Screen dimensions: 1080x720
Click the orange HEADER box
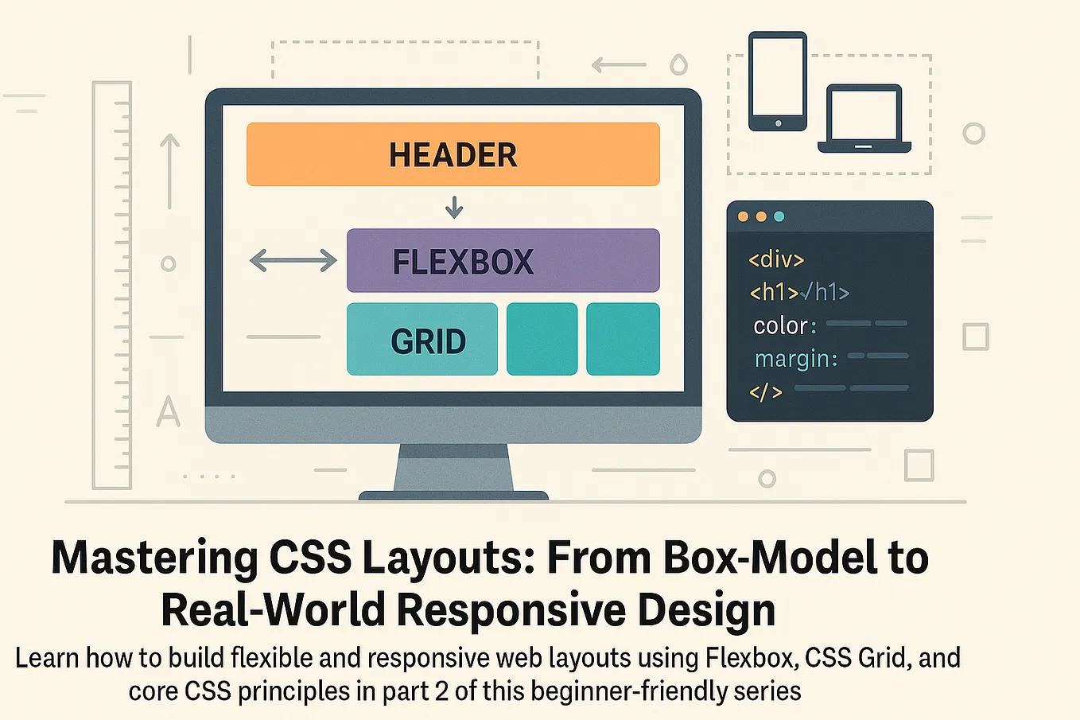coord(453,154)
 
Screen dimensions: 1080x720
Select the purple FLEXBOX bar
coord(503,261)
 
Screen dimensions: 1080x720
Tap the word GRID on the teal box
coord(428,341)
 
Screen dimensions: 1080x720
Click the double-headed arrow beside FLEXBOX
coord(293,260)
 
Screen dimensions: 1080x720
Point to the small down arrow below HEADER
coord(454,208)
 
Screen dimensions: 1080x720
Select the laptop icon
coord(864,119)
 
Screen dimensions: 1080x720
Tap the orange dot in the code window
coord(743,216)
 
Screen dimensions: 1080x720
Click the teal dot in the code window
coord(779,216)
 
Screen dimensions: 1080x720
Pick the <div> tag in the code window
coord(776,259)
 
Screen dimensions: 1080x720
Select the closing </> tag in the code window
coord(765,391)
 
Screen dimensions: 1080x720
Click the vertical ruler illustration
coord(112,285)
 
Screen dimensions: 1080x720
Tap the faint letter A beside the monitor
coord(168,411)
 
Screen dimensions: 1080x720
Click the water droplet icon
coord(678,64)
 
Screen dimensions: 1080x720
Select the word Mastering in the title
coord(154,558)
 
